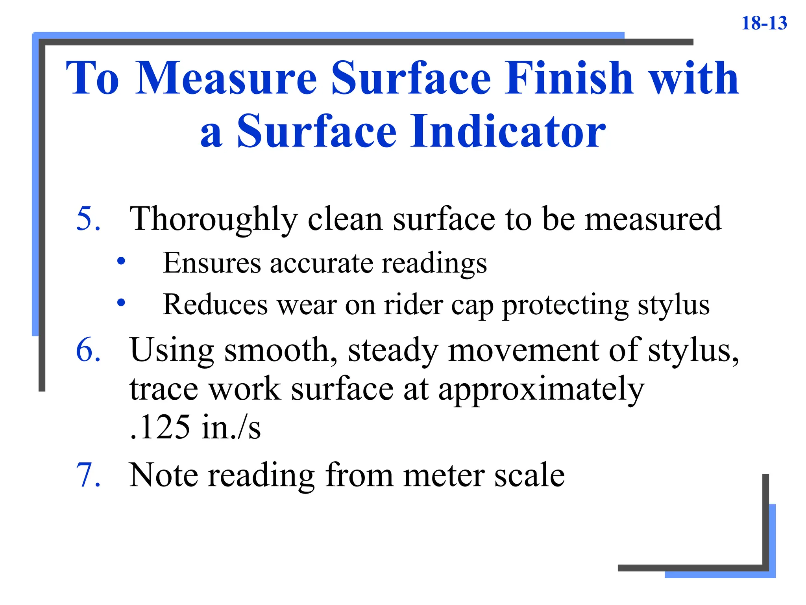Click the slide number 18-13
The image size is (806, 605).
[x=764, y=23]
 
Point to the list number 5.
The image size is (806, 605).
[x=88, y=218]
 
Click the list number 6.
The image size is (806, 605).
[x=88, y=349]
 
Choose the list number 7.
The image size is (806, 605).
[x=88, y=475]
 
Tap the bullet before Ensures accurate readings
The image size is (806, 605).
[x=121, y=261]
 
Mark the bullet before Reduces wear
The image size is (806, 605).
[x=121, y=302]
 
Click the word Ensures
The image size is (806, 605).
[x=212, y=263]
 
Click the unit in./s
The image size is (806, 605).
[x=231, y=427]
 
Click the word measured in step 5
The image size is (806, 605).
[x=653, y=219]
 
